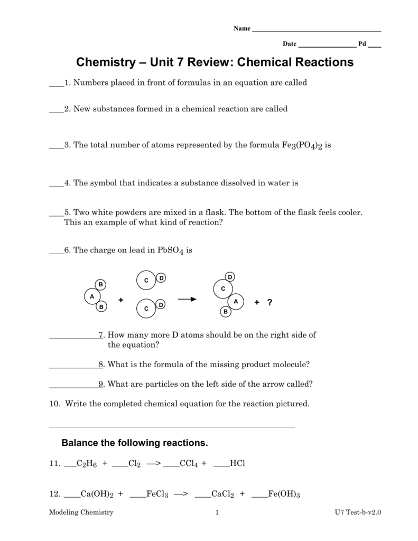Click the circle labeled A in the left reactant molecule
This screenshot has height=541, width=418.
tap(92, 296)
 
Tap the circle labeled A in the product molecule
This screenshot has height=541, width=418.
tap(236, 301)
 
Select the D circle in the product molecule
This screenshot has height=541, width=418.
tap(230, 277)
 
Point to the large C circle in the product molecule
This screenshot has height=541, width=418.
tap(223, 288)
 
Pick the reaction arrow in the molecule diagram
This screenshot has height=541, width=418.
tap(187, 300)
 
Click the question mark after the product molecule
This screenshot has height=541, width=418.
tap(270, 302)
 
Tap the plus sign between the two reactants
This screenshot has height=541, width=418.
tap(120, 300)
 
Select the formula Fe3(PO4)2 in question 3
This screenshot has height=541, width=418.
tap(299, 145)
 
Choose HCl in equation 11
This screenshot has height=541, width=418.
tap(238, 463)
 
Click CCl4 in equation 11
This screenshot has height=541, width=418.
tap(189, 464)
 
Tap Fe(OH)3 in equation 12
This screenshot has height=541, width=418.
tap(284, 495)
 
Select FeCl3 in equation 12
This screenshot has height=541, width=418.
tap(157, 495)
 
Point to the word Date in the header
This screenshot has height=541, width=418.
tap(290, 44)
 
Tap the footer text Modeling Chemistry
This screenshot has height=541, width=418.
tap(81, 512)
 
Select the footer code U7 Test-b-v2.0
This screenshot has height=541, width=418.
tap(357, 512)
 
